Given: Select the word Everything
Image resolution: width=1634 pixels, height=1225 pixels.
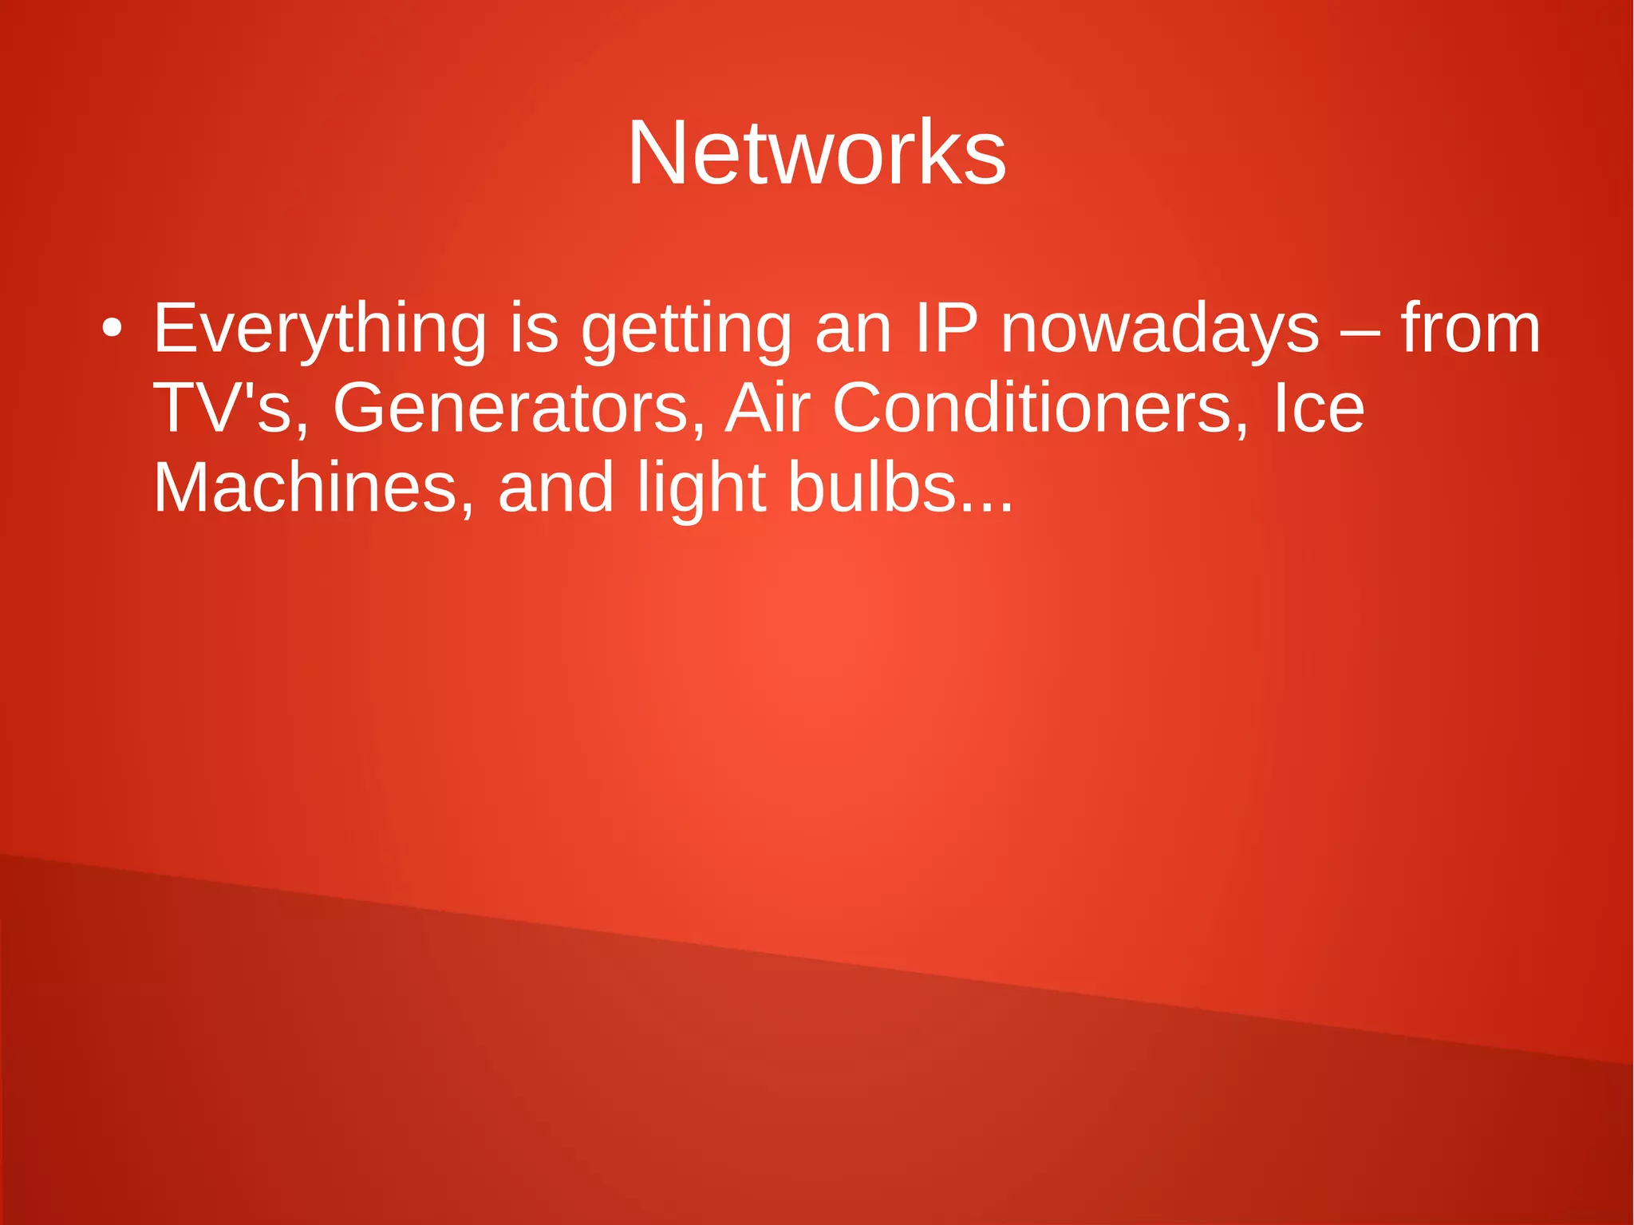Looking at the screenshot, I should coord(319,329).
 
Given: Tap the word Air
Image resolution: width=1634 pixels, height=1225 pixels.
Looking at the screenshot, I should coord(768,408).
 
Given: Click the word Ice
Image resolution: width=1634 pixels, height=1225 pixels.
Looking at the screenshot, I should coord(1319,408).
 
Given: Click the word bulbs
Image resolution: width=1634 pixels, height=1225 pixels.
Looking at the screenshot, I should coord(872,488).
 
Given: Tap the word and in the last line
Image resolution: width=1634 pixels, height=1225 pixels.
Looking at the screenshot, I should coord(556,488).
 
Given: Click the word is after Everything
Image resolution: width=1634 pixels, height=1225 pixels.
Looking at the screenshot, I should coord(534,328).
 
